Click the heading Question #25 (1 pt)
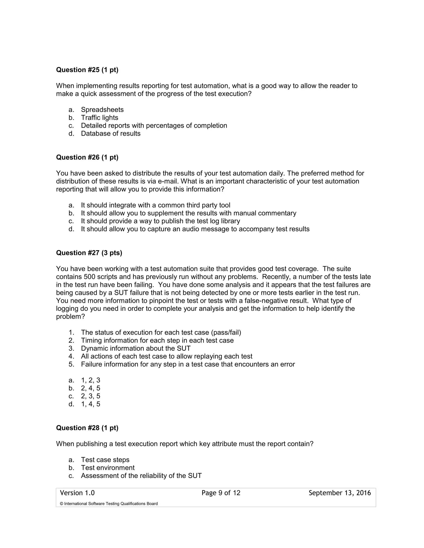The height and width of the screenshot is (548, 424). [x=87, y=70]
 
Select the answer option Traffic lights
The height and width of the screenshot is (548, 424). [x=99, y=118]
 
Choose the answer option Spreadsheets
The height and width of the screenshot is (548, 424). [x=102, y=110]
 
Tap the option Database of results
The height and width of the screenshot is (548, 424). [x=111, y=134]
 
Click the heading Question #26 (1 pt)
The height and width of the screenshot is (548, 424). [x=87, y=157]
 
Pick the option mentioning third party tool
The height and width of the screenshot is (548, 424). [x=155, y=205]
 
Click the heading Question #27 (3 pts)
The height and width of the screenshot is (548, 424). [x=89, y=253]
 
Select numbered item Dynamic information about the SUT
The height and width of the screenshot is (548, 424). [x=136, y=348]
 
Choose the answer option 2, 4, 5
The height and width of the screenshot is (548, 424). [x=90, y=388]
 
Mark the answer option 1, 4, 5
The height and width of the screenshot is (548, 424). [x=90, y=404]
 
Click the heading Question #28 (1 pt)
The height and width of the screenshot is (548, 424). [x=87, y=428]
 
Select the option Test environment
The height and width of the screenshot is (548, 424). [x=107, y=468]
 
